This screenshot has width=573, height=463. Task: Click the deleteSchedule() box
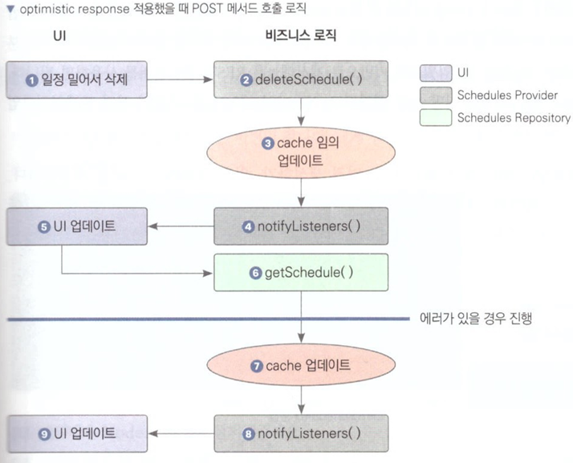pos(301,79)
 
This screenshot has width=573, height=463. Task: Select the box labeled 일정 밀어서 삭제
pos(77,79)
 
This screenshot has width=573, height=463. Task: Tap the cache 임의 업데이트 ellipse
pos(301,152)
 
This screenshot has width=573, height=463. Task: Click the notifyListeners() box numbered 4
pos(301,226)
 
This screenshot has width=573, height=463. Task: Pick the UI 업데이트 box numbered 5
pos(77,226)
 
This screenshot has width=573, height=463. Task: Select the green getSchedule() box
pos(301,273)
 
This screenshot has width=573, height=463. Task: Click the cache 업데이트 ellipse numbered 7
pos(301,364)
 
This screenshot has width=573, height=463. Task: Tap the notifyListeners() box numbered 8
pos(301,433)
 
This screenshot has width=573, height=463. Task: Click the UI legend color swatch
pos(436,73)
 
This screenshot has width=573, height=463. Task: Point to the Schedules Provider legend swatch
pos(436,95)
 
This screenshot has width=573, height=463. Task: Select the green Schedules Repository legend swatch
pos(436,118)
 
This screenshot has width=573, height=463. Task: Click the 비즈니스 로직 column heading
pos(301,35)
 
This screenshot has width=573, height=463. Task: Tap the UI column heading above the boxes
pos(59,36)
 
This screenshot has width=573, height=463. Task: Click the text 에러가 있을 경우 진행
pos(475,319)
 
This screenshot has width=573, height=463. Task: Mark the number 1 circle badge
pos(32,80)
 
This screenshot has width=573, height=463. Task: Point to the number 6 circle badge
pos(255,273)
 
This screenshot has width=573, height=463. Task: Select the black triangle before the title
pos(10,9)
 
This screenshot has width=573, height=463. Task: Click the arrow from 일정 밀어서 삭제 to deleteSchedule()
pos(180,79)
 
